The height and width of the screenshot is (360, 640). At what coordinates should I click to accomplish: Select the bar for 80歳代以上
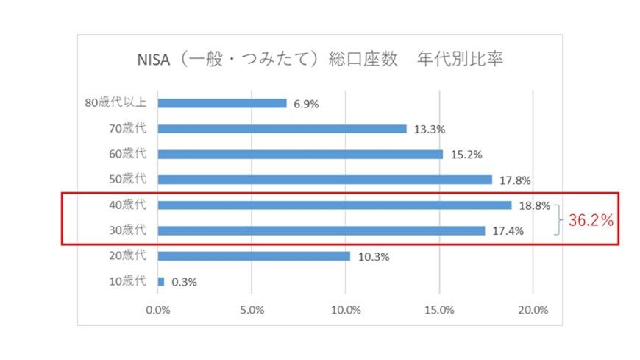pos(221,103)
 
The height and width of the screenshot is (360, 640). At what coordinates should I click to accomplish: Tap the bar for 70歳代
pos(282,129)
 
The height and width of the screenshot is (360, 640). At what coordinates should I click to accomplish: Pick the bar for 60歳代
pos(300,155)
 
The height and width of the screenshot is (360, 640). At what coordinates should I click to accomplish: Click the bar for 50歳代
pos(324,180)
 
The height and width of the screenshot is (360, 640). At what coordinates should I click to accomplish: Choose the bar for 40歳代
pos(334,205)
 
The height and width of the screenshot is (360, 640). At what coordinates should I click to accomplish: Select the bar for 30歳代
pos(321,230)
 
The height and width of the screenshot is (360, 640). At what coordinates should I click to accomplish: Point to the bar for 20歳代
pos(254,256)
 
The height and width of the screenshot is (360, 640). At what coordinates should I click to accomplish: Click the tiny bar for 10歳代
pos(161,281)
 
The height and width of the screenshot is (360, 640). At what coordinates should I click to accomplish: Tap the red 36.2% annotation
pos(591,219)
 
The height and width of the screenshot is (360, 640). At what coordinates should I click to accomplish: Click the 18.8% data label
pos(533,206)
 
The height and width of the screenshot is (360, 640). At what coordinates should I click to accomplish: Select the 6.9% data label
pos(306,104)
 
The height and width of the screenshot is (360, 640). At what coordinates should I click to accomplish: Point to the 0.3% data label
pos(184,282)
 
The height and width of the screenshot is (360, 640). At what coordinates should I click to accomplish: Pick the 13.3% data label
pos(429,130)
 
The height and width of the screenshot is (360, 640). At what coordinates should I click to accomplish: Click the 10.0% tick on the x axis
pos(346,310)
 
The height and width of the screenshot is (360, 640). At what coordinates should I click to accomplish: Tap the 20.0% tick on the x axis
pos(533,310)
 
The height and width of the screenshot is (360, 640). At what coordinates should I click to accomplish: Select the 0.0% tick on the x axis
pos(158,310)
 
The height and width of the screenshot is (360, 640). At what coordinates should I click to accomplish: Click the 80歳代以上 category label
pos(115,103)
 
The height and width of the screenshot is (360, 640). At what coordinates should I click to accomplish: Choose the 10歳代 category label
pos(127,281)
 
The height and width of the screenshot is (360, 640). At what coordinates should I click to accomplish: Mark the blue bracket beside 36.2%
pos(558,219)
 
